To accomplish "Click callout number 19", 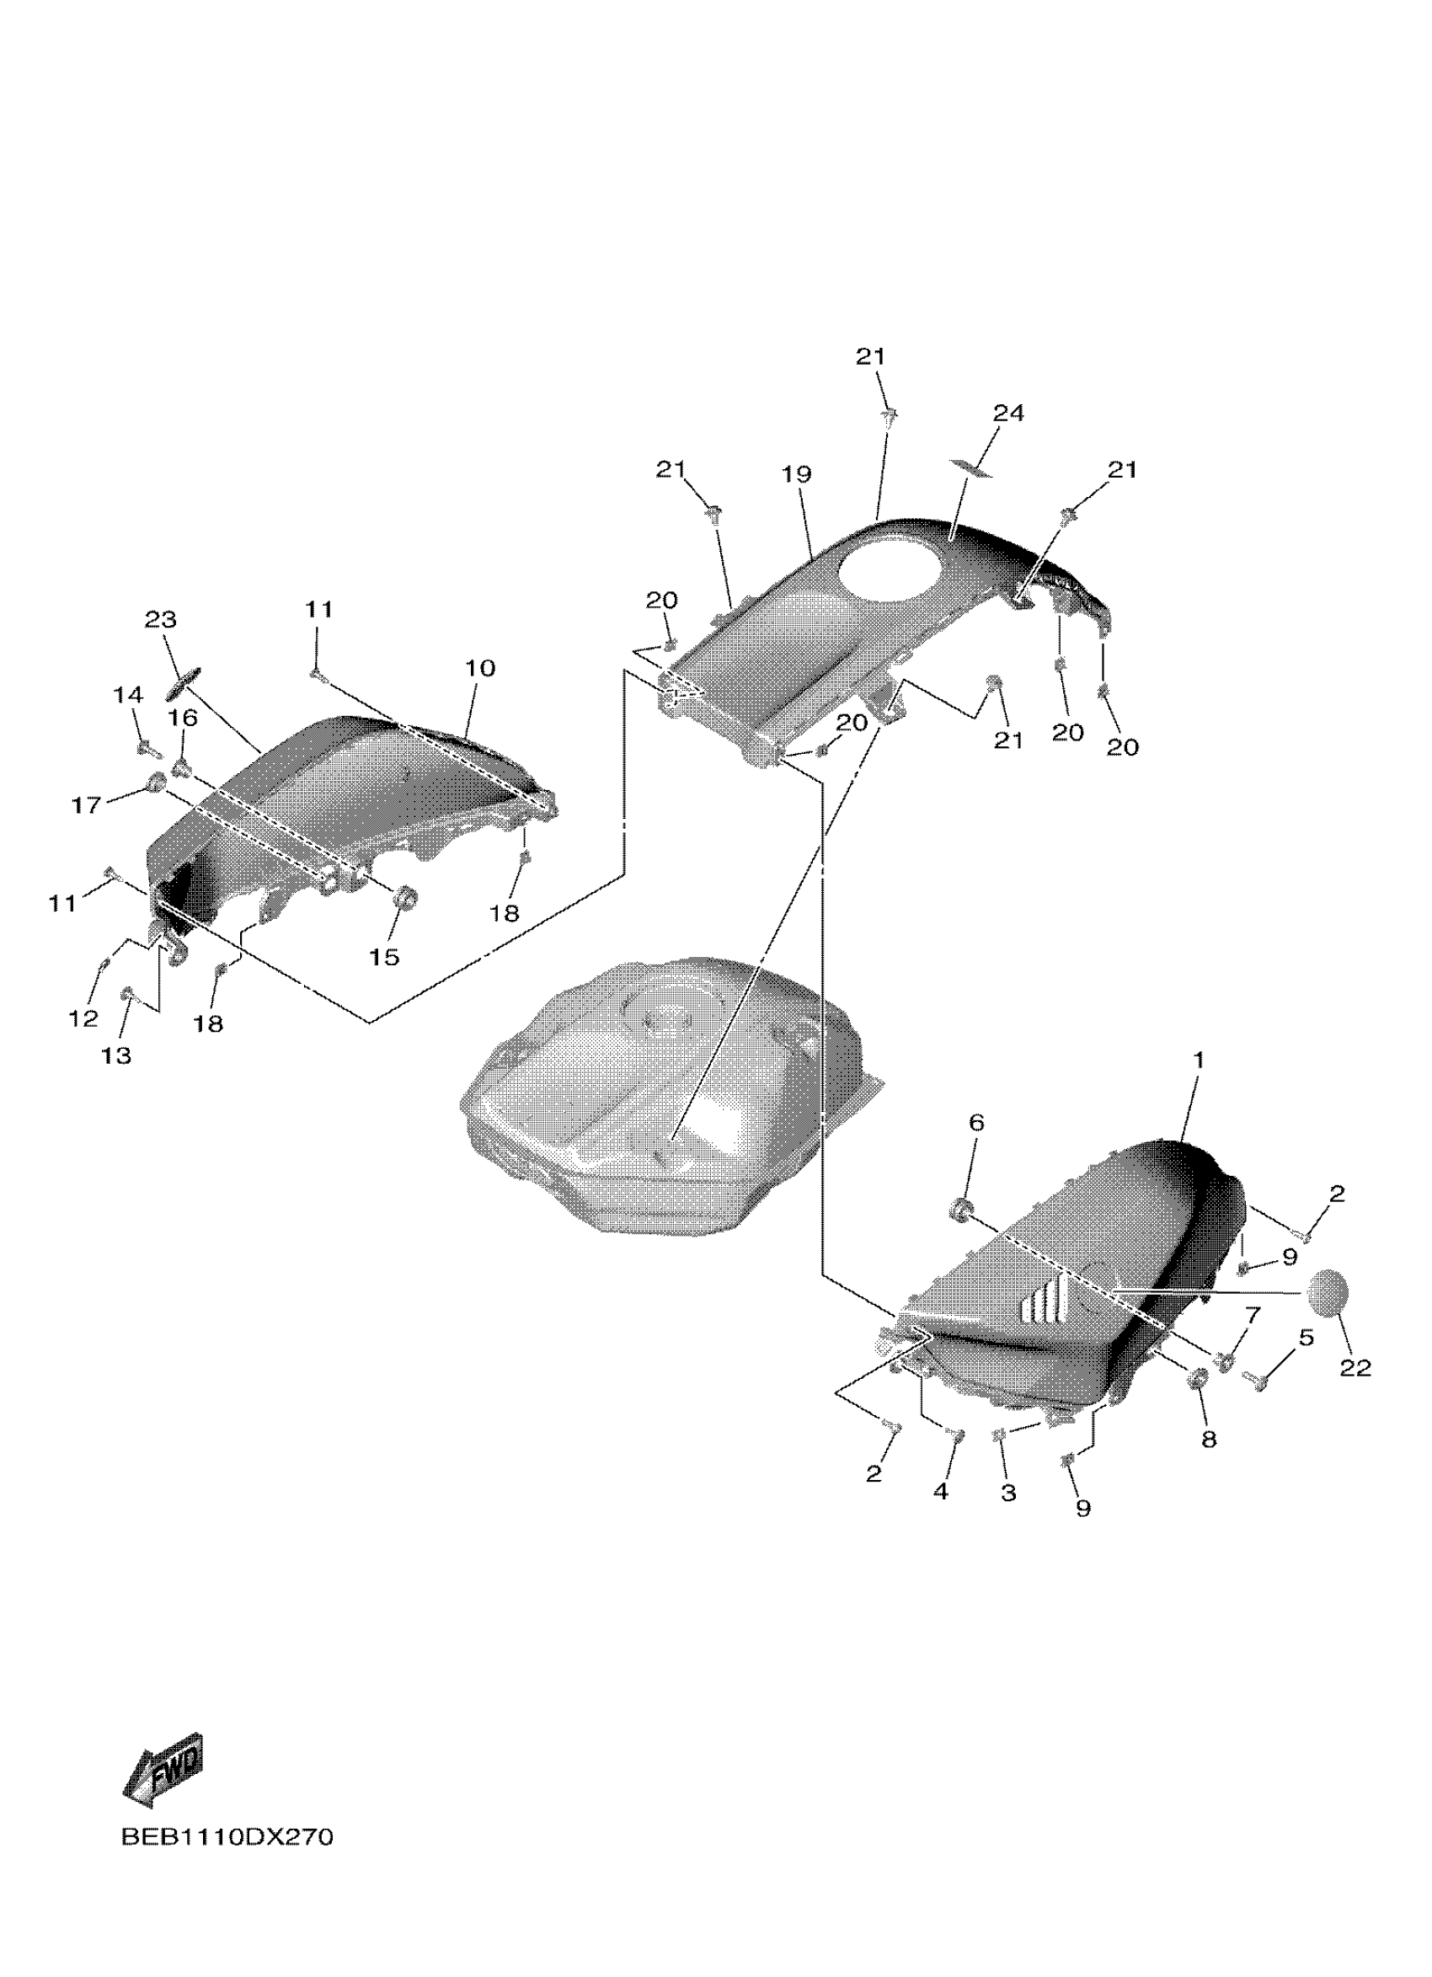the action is pos(796,474).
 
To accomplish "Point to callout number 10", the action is pos(479,669).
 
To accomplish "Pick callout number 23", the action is pos(160,620).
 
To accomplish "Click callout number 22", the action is pos(1355,1369).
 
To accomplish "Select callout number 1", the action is pos(1199,1060).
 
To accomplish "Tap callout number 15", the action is pos(383,957).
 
